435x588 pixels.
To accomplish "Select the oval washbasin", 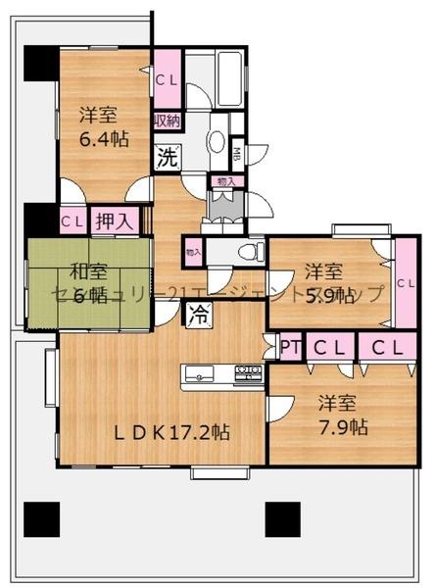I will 217,140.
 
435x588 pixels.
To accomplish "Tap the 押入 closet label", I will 115,222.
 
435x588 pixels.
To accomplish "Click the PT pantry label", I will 290,346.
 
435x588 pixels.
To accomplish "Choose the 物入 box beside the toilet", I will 193,253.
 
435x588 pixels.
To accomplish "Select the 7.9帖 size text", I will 344,427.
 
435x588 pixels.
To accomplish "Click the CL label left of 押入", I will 72,222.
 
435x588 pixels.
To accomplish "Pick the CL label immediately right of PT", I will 328,346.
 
